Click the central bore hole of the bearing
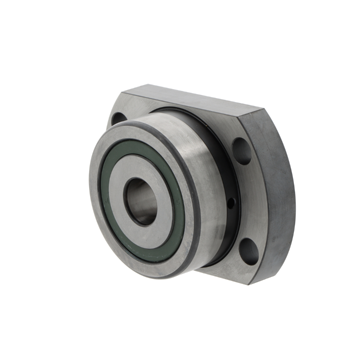point(142,201)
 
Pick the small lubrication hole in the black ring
point(230,204)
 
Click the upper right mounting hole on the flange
point(242,150)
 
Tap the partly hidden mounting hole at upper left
point(119,119)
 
